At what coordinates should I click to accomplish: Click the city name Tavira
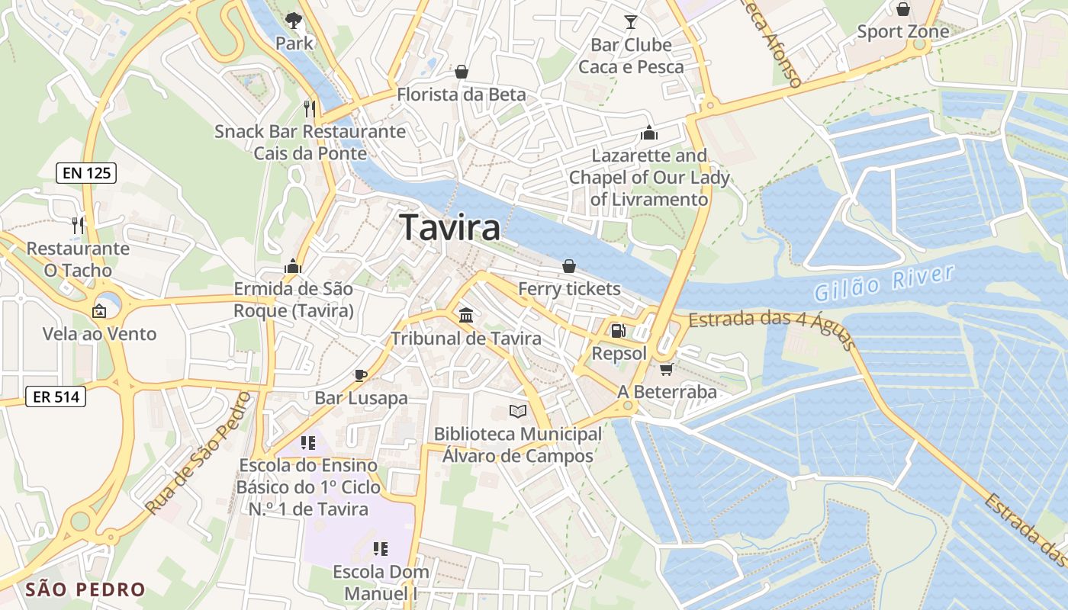click(x=450, y=227)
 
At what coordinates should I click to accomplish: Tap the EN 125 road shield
click(x=86, y=173)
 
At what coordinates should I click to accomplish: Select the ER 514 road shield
click(x=55, y=396)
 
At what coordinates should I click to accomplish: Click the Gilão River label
click(x=884, y=283)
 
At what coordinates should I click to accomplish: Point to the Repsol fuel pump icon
click(x=618, y=331)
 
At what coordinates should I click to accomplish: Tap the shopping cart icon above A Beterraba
click(x=666, y=369)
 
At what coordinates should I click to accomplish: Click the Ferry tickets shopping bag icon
click(x=569, y=266)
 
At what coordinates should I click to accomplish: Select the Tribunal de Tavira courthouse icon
click(x=465, y=315)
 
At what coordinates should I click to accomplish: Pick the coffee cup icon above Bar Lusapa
click(x=361, y=374)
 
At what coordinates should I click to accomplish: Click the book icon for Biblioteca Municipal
click(x=518, y=412)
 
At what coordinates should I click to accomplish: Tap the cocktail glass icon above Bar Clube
click(x=631, y=21)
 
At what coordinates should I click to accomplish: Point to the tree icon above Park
click(x=293, y=20)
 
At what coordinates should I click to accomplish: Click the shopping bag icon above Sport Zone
click(x=903, y=9)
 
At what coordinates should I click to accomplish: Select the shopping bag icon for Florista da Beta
click(x=462, y=72)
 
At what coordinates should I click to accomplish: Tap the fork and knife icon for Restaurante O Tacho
click(x=77, y=225)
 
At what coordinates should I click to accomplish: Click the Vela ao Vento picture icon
click(x=99, y=311)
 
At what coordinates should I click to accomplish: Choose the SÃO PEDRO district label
click(x=85, y=589)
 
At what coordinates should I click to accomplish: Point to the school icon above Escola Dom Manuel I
click(x=381, y=548)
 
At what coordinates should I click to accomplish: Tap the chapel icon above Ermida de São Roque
click(x=293, y=266)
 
